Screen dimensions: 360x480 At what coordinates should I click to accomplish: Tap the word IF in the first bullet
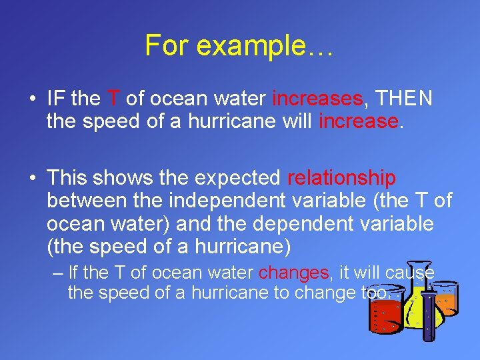coord(56,99)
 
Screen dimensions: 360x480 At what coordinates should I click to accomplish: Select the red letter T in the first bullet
coord(113,99)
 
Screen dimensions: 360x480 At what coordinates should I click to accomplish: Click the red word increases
coord(317,99)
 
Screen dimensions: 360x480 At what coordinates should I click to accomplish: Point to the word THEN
coord(404,99)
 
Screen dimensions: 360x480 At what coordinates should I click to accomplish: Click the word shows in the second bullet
coord(121,178)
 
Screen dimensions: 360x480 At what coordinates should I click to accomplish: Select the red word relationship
coord(341,178)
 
